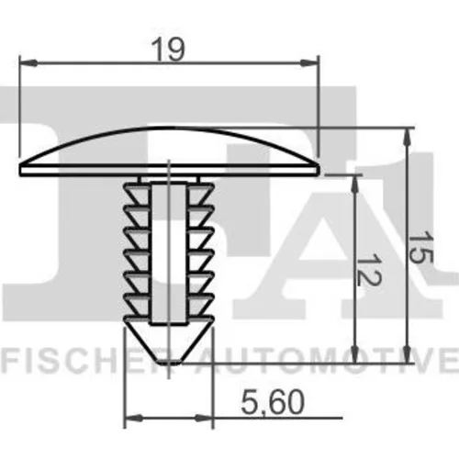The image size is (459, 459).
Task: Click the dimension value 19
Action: (169, 50)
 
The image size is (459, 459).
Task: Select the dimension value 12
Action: (369, 270)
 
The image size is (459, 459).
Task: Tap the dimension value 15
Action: (421, 247)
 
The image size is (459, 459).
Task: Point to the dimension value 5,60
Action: (273, 402)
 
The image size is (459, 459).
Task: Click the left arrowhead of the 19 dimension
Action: (28, 63)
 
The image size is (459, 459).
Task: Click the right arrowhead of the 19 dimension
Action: (309, 63)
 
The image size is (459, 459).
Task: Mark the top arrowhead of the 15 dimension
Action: (407, 137)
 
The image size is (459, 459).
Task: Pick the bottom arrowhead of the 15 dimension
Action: (407, 354)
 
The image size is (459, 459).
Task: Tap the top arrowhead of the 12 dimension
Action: (354, 185)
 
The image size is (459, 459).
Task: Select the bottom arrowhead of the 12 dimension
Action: (354, 354)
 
